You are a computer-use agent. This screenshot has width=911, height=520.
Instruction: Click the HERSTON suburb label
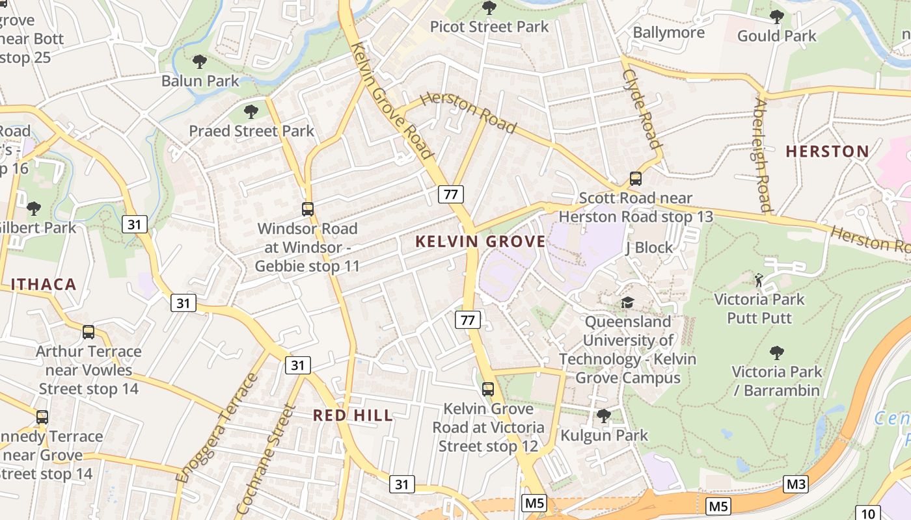click(827, 151)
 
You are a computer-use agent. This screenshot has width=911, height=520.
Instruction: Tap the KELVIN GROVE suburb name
click(480, 242)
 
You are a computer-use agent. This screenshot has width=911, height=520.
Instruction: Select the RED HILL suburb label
click(353, 415)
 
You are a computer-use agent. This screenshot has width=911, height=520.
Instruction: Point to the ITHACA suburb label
click(44, 284)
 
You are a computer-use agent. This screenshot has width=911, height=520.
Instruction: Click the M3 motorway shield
click(795, 484)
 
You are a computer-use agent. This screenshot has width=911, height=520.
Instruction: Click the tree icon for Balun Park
click(200, 62)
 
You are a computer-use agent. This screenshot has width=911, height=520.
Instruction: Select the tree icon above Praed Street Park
click(251, 111)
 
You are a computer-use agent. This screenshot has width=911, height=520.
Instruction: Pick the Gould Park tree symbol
click(776, 16)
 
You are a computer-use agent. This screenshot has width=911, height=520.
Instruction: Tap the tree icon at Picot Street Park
click(489, 8)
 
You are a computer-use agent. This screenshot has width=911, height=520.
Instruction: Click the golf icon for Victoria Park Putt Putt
click(759, 280)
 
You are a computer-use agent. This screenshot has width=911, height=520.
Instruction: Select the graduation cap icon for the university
click(627, 302)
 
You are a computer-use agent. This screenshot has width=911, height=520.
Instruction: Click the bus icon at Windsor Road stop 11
click(308, 209)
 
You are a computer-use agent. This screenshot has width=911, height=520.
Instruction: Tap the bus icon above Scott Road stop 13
click(636, 178)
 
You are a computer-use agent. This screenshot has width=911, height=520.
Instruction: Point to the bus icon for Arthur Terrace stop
click(88, 332)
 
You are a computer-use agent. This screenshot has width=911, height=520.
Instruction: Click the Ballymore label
click(668, 32)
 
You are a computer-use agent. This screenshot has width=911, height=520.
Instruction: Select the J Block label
click(649, 248)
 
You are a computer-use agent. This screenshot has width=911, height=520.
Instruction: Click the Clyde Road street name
click(642, 109)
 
